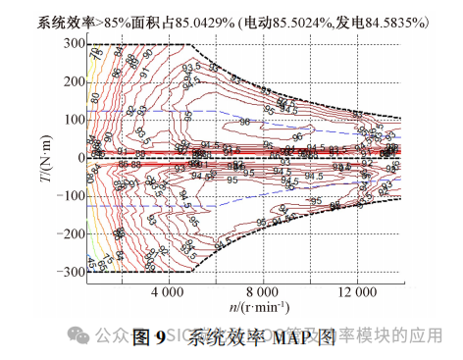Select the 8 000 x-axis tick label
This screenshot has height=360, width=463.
coord(262,291)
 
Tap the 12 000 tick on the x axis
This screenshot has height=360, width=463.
coord(356,291)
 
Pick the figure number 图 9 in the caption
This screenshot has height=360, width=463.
coord(146,338)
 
